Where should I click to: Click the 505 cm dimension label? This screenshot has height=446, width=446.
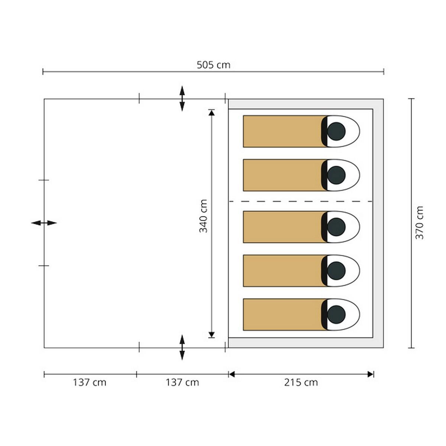tap(213, 65)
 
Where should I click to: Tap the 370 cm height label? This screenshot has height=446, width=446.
tap(419, 223)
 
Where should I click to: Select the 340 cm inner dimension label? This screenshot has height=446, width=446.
tap(203, 216)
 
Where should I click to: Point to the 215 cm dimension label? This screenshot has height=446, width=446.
tap(301, 382)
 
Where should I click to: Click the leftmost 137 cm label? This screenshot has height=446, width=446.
tap(90, 382)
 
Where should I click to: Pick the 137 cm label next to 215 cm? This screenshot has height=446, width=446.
tap(182, 382)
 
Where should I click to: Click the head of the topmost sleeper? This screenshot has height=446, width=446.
tap(336, 131)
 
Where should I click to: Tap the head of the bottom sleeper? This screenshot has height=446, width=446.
tap(336, 314)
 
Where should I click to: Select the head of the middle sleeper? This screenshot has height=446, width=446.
tap(336, 227)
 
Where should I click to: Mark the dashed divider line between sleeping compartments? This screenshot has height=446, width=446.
tap(301, 201)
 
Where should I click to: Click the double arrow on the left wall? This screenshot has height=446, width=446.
tap(44, 223)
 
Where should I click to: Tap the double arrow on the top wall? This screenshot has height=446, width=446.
tap(182, 98)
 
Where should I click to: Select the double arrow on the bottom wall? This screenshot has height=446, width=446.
tap(182, 348)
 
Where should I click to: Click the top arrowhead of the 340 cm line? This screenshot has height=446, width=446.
tap(211, 113)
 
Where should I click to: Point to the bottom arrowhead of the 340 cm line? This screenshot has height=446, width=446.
tap(211, 334)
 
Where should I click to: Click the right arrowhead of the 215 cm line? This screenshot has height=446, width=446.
tap(370, 374)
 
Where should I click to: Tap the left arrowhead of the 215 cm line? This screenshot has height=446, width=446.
tap(232, 374)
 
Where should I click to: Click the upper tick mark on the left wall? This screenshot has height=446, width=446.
tap(44, 180)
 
